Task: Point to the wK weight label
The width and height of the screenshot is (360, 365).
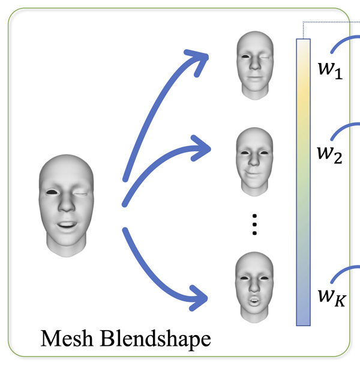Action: click(x=331, y=296)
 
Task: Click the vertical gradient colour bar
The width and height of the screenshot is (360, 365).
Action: click(x=304, y=180)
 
